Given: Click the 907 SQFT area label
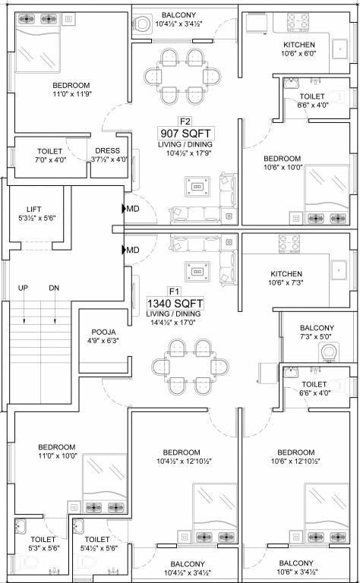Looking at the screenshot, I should [x=185, y=133].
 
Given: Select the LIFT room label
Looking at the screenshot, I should [x=33, y=208].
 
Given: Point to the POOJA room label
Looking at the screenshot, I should [x=103, y=332].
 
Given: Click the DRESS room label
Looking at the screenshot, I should [x=108, y=151].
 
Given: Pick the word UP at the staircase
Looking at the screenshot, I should [x=24, y=288].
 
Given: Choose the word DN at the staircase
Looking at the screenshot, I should [x=54, y=288].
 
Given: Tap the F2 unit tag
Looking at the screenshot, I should [x=185, y=120].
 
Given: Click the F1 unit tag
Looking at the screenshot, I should [x=174, y=291].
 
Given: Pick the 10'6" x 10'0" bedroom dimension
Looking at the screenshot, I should [x=283, y=168].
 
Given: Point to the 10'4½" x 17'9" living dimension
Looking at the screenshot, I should [x=185, y=153].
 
